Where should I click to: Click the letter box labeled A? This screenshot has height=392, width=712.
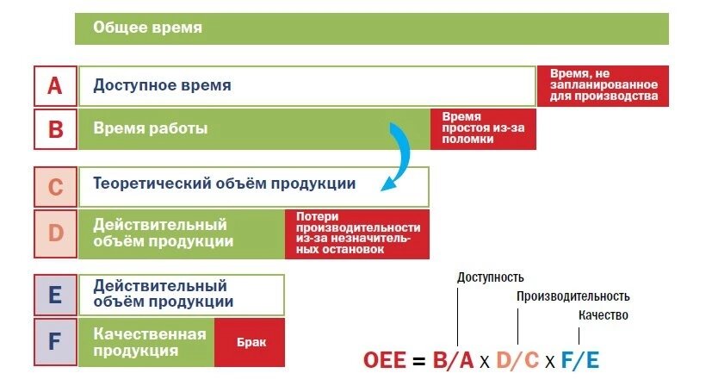tap(55, 86)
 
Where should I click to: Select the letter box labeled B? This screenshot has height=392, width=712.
tap(55, 129)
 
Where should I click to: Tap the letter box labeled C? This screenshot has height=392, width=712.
tap(55, 187)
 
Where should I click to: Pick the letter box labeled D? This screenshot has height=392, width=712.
tap(55, 233)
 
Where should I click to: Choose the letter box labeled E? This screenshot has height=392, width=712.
tap(55, 296)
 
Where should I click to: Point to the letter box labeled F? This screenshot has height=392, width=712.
tap(55, 341)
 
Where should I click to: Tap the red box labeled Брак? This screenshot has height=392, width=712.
tap(250, 342)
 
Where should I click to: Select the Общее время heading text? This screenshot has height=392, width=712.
tap(147, 28)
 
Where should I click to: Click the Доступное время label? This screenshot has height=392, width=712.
tap(162, 85)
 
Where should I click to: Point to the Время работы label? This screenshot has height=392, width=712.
tap(151, 128)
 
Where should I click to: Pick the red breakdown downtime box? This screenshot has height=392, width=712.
tap(483, 129)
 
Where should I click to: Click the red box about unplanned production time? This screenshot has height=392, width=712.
tap(603, 86)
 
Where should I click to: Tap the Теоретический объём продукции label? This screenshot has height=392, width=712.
tap(225, 184)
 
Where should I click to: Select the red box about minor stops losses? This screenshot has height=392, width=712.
tap(357, 234)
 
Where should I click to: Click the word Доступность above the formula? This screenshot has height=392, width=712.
tap(491, 277)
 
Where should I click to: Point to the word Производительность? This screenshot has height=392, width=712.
tap(573, 296)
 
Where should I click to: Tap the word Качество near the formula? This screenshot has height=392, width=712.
tap(603, 315)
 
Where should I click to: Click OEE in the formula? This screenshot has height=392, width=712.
tap(385, 361)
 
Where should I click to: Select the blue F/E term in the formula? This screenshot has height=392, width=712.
tap(580, 361)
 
